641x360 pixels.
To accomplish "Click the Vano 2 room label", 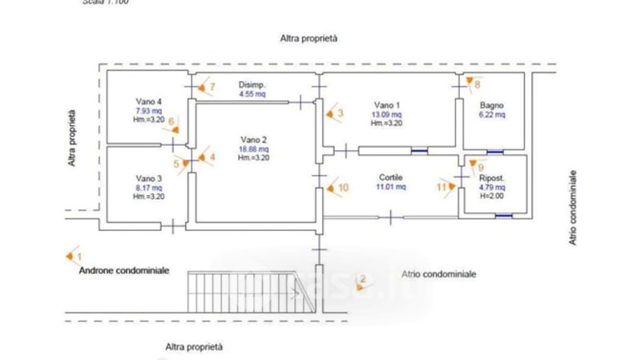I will point(252,140).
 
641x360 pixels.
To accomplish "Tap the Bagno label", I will point(492,105).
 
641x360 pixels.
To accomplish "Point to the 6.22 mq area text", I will point(492,115).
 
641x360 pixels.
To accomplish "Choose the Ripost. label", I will point(491,178).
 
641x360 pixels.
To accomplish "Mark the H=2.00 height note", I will point(491,196).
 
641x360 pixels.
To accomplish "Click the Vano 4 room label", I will point(149,102).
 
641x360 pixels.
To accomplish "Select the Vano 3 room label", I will point(149,178).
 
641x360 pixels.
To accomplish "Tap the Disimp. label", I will point(252,85).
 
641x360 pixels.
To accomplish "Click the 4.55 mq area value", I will point(252,94).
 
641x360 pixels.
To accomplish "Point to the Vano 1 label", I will point(386,105).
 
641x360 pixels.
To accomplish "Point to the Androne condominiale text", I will point(124,271).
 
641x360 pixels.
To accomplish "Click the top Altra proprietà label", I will point(309,38).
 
